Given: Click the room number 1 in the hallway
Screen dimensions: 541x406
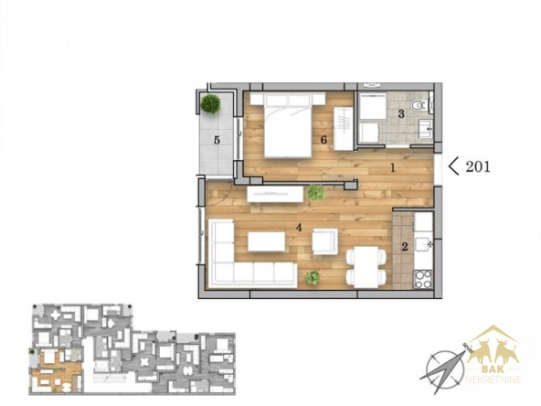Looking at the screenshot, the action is [x=392, y=168].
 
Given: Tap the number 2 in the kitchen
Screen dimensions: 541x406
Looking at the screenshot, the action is [x=405, y=247].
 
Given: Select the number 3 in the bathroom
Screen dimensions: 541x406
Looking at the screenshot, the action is [x=401, y=113].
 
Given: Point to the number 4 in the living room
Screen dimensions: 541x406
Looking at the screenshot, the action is [x=299, y=228].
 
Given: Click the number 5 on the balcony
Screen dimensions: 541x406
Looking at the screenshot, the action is [x=217, y=140].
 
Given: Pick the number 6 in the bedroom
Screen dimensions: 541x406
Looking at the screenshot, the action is [x=324, y=140].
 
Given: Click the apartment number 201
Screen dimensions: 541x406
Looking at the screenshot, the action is [x=478, y=166].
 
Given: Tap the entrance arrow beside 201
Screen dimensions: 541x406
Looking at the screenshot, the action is [x=453, y=166].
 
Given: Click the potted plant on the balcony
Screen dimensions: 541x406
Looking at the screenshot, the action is [x=210, y=103].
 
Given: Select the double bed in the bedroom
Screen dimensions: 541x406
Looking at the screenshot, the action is [x=288, y=125].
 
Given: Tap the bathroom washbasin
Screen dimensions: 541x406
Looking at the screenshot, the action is [x=425, y=128].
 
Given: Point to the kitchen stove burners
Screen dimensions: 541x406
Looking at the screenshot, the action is [x=422, y=279].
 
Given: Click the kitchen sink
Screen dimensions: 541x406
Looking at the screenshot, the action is [x=423, y=244].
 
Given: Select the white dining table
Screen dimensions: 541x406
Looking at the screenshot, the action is [x=366, y=267].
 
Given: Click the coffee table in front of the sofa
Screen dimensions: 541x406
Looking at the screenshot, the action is [x=266, y=241].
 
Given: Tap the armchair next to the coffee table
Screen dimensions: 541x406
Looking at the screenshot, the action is [x=325, y=241].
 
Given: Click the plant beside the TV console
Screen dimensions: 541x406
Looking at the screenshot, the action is [x=316, y=193].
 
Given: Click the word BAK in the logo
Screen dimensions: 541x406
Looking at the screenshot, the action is [x=493, y=369].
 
